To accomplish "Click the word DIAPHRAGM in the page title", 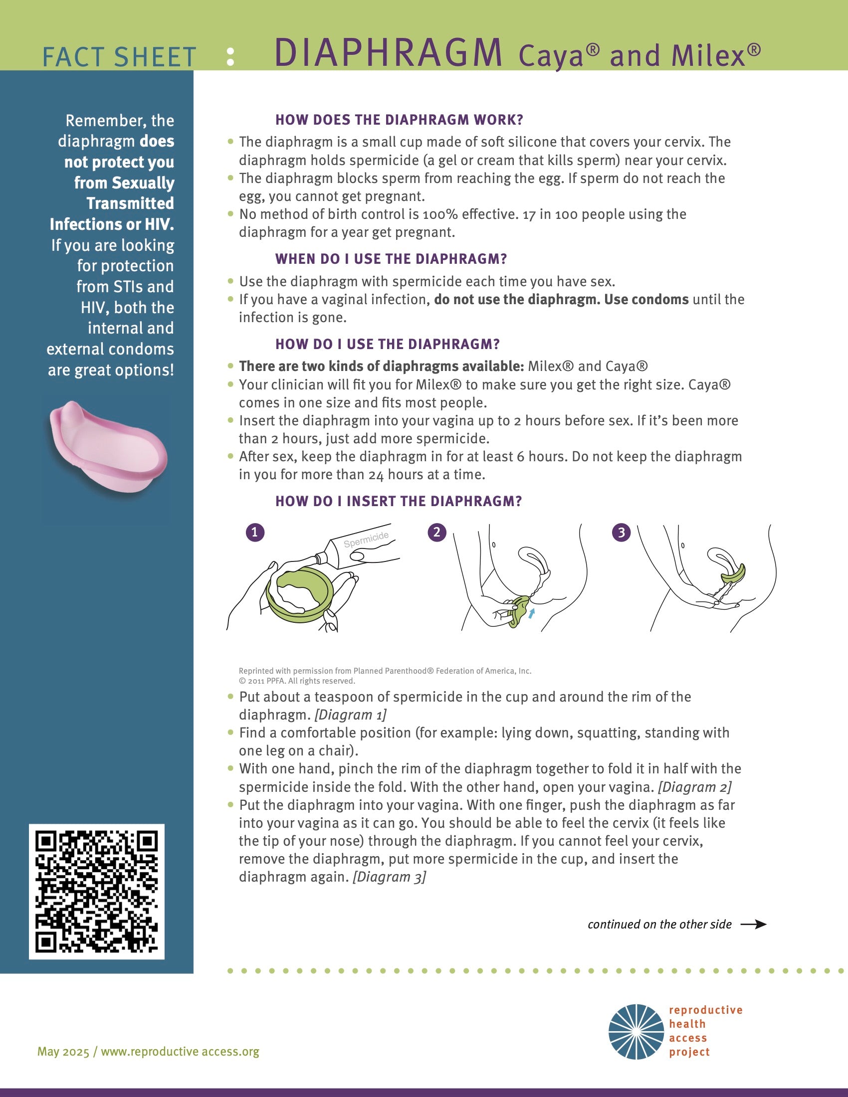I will pos(388,53).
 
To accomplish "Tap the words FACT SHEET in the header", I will pos(119,57).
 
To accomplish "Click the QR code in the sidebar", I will pos(96,891).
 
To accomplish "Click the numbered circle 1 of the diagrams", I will pos(255,533).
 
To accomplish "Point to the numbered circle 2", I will pos(436,533).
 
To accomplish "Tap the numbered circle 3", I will pos(621,533).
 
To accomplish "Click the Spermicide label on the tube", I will pos(366,540).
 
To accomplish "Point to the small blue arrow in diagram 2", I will pos(532,612).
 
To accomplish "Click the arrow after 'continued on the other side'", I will pos(754,924).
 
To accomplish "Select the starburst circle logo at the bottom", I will pos(636,1032).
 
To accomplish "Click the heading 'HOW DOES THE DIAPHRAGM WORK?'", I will pos(399,120).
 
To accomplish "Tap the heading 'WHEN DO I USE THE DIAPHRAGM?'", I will pos(391,259).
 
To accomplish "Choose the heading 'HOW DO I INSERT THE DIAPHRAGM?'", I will pos(399,501).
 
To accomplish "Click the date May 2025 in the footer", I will pos(63,1051).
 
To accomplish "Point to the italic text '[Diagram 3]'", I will pos(390,877).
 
